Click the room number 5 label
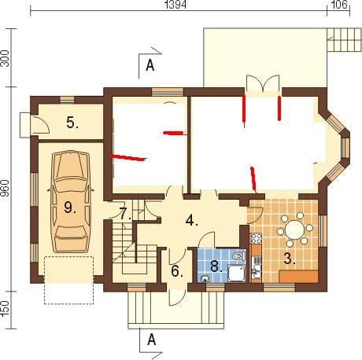[x=72, y=123]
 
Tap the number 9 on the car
[x=70, y=208]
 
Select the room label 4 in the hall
[x=192, y=220]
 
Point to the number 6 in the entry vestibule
[x=177, y=271]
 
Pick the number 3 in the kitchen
[x=290, y=259]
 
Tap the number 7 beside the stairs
[x=125, y=214]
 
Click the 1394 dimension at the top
[x=176, y=5]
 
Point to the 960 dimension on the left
[x=6, y=188]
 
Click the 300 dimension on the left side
[x=6, y=58]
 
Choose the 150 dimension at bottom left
[x=6, y=307]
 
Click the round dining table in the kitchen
[x=295, y=230]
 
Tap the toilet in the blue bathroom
[x=238, y=255]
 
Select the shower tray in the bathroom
[x=237, y=274]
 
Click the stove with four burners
[x=257, y=238]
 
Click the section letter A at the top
[x=150, y=65]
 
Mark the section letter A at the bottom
[x=151, y=340]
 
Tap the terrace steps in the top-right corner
[x=344, y=39]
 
